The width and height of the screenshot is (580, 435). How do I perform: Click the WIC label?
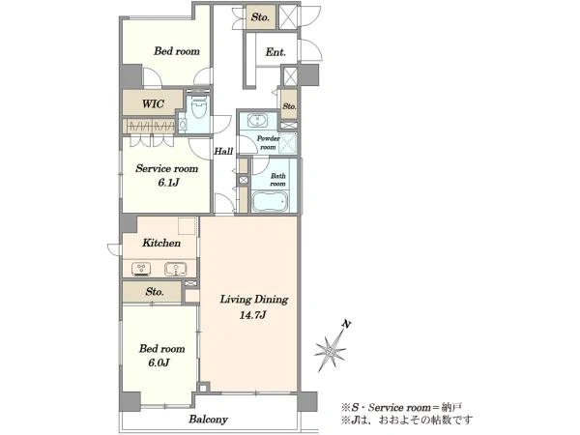pyautogui.click(x=153, y=103)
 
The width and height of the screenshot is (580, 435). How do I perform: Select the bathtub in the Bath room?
pyautogui.click(x=270, y=202)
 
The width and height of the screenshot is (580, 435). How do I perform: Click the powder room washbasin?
pyautogui.click(x=256, y=120)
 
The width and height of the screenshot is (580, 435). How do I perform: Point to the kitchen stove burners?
pyautogui.click(x=141, y=268)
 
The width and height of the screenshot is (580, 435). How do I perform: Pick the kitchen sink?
pyautogui.click(x=175, y=269)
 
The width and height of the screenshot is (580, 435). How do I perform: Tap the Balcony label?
pyautogui.click(x=208, y=420)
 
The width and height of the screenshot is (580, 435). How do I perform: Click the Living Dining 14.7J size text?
pyautogui.click(x=253, y=315)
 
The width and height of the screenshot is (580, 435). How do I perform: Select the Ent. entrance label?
pyautogui.click(x=275, y=52)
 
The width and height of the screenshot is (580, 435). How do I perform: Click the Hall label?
pyautogui.click(x=224, y=151)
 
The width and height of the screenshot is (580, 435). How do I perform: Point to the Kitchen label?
pyautogui.click(x=161, y=243)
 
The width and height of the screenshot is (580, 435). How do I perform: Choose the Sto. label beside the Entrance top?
pyautogui.click(x=260, y=17)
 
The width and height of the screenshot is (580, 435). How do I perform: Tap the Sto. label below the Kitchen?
pyautogui.click(x=155, y=292)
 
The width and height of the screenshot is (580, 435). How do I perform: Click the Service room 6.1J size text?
pyautogui.click(x=168, y=183)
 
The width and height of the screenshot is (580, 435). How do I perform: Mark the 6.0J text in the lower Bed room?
pyautogui.click(x=159, y=362)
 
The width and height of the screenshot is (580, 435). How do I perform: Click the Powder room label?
pyautogui.click(x=269, y=142)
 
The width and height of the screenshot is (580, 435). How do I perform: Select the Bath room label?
pyautogui.click(x=277, y=180)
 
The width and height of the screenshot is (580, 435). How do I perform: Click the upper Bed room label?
pyautogui.click(x=177, y=51)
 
